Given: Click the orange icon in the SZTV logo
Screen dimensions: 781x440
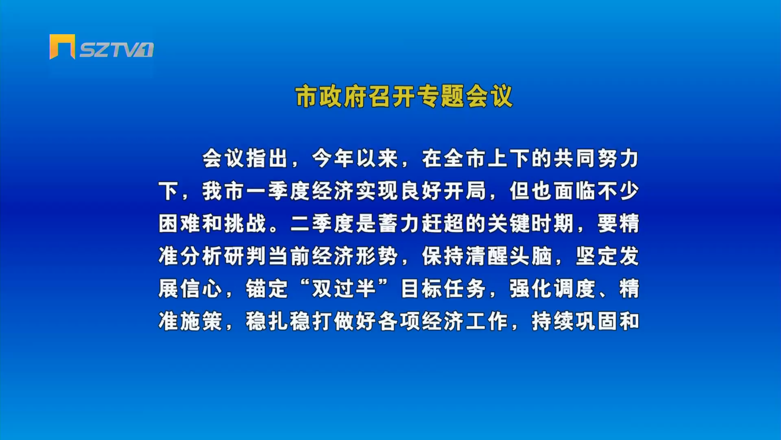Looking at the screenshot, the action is click(x=62, y=46).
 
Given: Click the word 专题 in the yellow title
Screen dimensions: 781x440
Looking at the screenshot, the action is click(x=441, y=97).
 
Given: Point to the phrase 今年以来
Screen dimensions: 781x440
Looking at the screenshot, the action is click(x=355, y=158).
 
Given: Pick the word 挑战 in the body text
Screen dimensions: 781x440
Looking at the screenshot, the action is click(x=245, y=224).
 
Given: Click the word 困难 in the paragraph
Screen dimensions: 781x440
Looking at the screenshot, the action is click(x=179, y=224).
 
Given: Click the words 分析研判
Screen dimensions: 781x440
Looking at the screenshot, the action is click(x=223, y=256).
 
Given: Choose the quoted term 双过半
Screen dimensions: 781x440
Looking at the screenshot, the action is click(x=344, y=289).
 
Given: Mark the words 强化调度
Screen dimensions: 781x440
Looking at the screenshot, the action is click(x=552, y=289).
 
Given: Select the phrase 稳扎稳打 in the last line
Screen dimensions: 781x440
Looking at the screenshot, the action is click(x=289, y=321).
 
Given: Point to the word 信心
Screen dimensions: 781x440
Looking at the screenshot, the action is click(x=201, y=289).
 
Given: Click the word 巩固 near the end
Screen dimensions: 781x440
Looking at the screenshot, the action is click(x=596, y=321).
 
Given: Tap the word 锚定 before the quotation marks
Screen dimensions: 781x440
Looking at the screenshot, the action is click(x=267, y=289).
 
